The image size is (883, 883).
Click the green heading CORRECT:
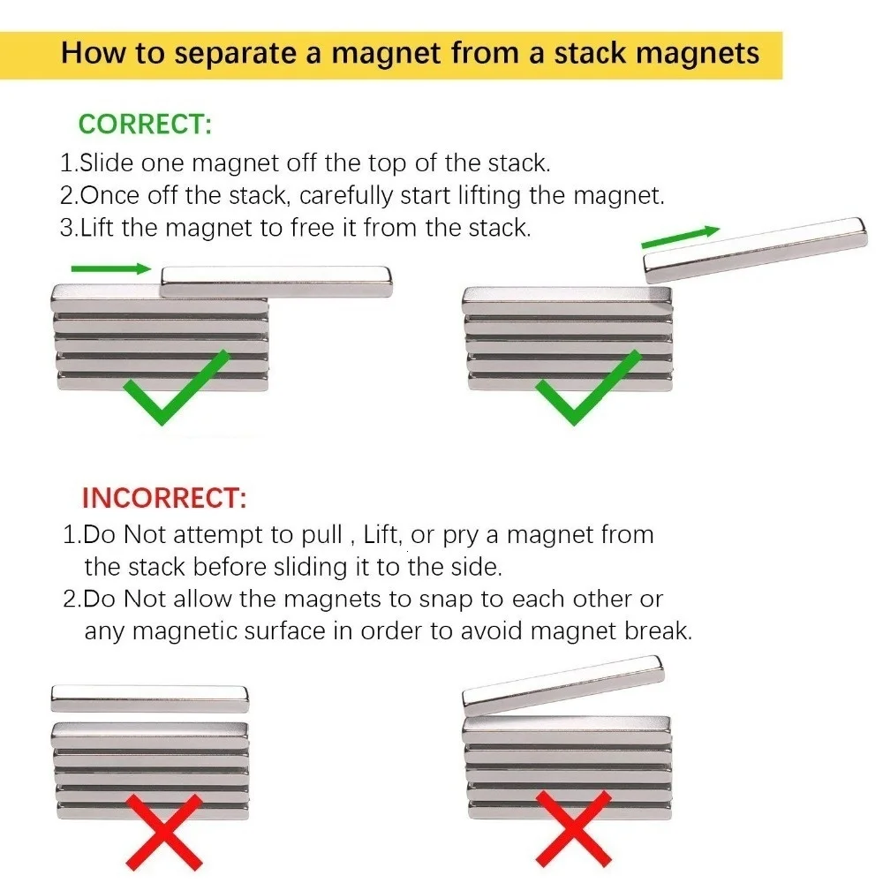[x=146, y=124]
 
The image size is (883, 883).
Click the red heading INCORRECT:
[x=164, y=498]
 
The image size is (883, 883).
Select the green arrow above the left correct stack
[x=111, y=268]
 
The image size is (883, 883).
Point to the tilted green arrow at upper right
[x=680, y=237]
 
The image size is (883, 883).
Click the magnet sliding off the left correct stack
[x=276, y=281]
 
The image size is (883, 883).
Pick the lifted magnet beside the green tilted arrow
[x=755, y=249]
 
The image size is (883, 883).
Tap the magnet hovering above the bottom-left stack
[x=149, y=698]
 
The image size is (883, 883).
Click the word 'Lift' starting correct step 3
[x=98, y=228]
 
